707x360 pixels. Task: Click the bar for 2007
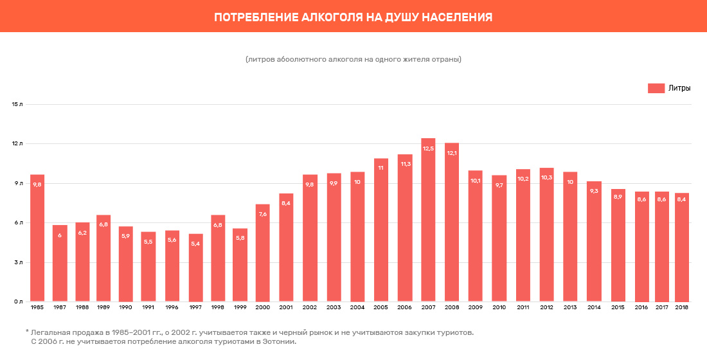click(428, 220)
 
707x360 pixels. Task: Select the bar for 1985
click(37, 238)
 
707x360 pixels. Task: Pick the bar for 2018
click(682, 247)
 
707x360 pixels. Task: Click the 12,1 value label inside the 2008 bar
click(452, 153)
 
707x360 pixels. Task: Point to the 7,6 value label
click(262, 214)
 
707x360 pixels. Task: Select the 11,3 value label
click(405, 164)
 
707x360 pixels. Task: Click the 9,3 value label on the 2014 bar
click(594, 191)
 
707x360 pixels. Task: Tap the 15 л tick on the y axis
click(17, 104)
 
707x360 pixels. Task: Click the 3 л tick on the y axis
click(19, 262)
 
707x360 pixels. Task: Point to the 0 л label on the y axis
click(19, 301)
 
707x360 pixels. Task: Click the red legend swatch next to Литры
click(656, 88)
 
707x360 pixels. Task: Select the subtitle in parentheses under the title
click(353, 59)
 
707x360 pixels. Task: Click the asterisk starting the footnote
click(27, 332)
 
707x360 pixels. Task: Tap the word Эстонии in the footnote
click(278, 342)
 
